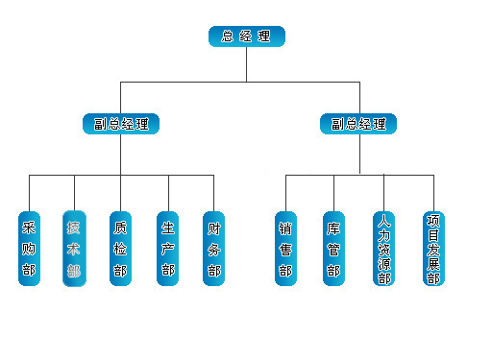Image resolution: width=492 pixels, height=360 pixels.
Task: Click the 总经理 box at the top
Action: tap(246, 37)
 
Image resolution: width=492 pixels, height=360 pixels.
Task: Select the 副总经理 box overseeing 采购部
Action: tap(120, 124)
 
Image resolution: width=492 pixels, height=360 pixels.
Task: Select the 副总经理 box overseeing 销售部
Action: tap(358, 124)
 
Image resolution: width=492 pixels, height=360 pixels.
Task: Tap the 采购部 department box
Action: tap(29, 248)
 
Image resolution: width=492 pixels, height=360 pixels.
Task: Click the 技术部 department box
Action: tap(74, 248)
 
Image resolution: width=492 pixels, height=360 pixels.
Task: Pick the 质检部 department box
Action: tap(120, 248)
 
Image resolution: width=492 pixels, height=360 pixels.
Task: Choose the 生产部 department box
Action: tap(168, 248)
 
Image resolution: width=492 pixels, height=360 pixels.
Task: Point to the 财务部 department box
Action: tap(213, 248)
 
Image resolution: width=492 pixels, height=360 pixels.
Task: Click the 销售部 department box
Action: tap(285, 248)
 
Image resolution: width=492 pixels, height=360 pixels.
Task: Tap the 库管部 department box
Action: tap(333, 248)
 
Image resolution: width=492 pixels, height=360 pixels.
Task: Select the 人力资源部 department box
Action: tap(384, 248)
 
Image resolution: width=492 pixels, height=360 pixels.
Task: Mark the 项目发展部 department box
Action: tap(433, 248)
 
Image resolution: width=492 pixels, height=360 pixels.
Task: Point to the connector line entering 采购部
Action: tap(29, 192)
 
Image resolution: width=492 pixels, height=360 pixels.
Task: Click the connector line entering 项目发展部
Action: tap(433, 192)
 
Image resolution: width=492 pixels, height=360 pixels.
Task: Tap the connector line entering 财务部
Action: tap(213, 192)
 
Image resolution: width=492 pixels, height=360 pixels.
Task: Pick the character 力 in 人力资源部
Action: tap(384, 231)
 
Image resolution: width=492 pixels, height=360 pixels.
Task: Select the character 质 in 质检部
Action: tap(120, 228)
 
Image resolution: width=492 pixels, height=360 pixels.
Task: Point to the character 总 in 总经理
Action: tap(227, 37)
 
